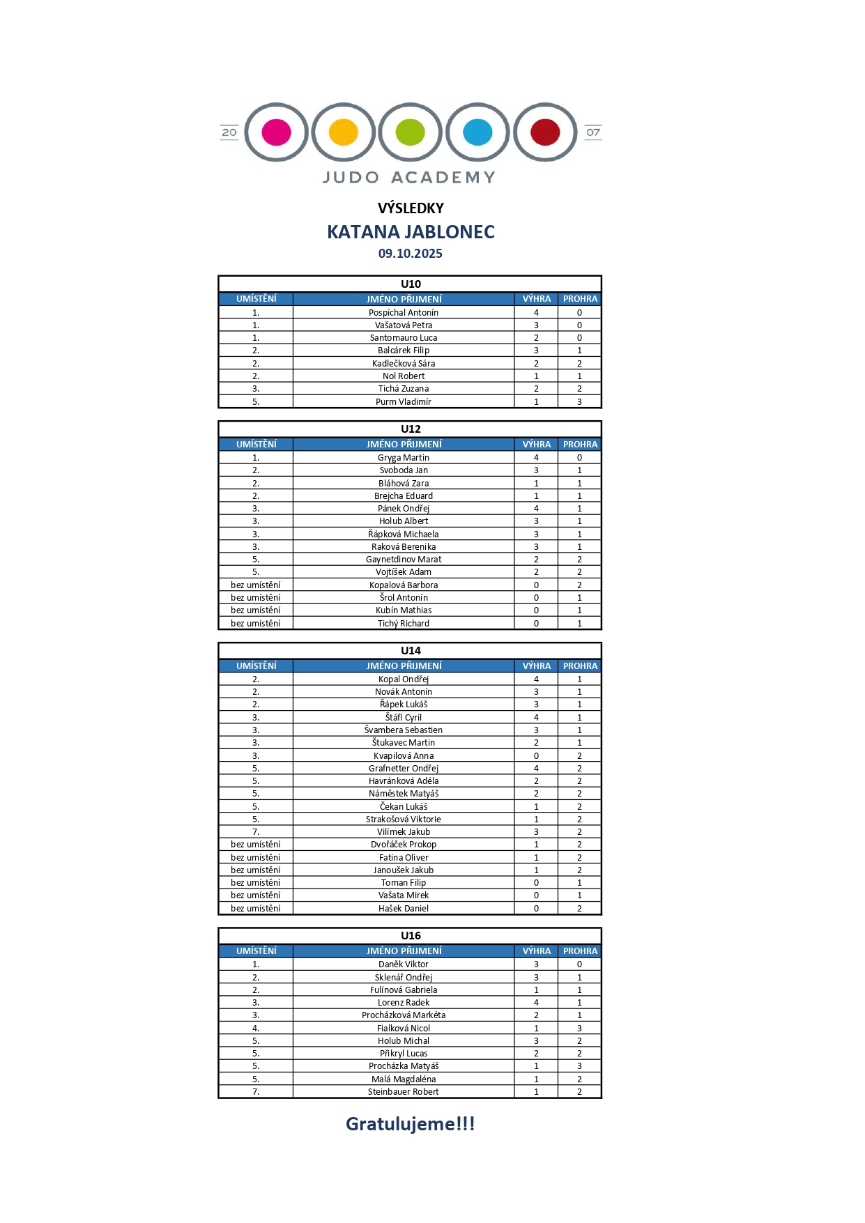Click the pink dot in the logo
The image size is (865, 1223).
tap(276, 132)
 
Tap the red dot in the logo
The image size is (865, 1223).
tap(545, 132)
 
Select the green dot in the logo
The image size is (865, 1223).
tap(410, 132)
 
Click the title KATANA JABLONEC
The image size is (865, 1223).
tap(411, 232)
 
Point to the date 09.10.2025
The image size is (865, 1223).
tap(410, 254)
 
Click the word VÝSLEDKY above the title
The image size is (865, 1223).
tap(411, 208)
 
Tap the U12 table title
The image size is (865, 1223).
tap(411, 429)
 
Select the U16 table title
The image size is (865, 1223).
tap(411, 935)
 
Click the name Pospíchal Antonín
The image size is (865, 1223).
tap(404, 312)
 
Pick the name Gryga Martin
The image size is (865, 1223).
tap(404, 457)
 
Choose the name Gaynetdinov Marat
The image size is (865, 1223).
tap(404, 559)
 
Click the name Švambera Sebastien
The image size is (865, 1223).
tap(404, 730)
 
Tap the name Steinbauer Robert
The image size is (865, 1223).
tap(404, 1091)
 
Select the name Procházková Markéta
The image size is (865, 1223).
tap(404, 1015)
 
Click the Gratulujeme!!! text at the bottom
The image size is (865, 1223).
tap(410, 1123)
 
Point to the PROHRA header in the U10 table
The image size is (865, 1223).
tap(580, 299)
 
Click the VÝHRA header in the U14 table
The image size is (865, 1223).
tap(536, 666)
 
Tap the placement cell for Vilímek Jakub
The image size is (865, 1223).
tap(256, 831)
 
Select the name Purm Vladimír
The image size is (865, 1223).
tap(404, 401)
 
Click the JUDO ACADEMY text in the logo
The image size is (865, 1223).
tap(409, 178)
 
